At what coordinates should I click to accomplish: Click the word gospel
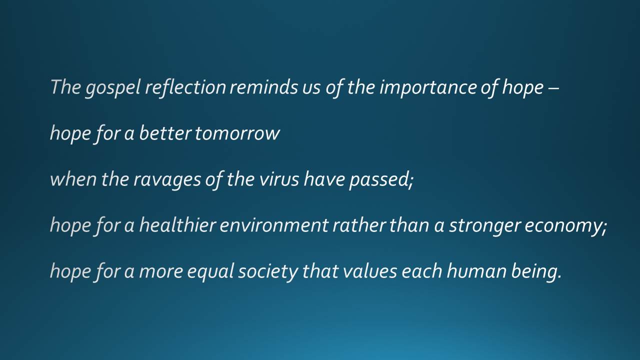point(113,88)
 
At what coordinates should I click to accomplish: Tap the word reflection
point(185,87)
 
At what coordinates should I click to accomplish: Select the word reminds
point(263,87)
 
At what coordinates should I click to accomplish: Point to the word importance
point(428,88)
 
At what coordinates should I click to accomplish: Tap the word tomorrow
point(237,133)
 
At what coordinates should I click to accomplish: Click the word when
point(73,179)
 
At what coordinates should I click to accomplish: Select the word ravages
point(167,180)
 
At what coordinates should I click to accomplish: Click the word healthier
point(177,224)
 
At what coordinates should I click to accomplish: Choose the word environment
point(274,225)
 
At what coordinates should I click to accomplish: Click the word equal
point(211,272)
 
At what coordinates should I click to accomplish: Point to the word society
point(268,272)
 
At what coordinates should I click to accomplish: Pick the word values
point(369,271)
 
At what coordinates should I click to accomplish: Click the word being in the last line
point(536,272)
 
